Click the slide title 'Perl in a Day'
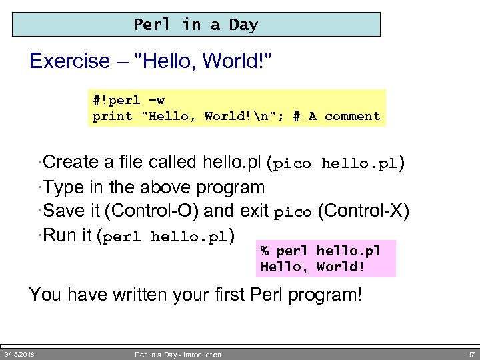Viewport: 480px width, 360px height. coord(195,25)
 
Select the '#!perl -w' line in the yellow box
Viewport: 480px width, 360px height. coord(129,101)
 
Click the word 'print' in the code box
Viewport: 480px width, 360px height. coord(112,117)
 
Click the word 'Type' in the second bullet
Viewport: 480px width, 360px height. coord(64,188)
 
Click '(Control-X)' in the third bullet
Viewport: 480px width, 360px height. coord(363,211)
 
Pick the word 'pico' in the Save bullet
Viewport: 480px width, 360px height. coord(293,213)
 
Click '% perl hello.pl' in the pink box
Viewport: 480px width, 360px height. coord(320,251)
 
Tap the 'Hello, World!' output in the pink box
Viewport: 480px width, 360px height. coord(312,267)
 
